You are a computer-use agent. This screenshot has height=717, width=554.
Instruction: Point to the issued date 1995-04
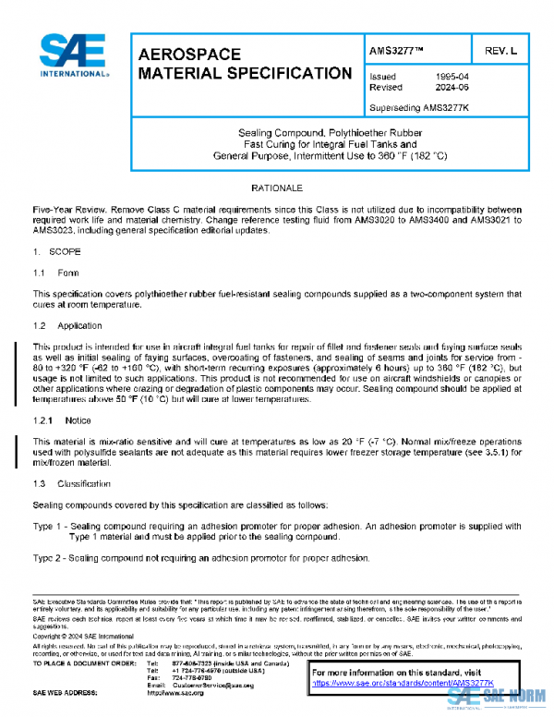click(x=452, y=77)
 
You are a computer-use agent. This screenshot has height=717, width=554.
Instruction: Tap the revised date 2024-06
click(x=452, y=88)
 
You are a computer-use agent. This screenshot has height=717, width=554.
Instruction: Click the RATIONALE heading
click(x=277, y=188)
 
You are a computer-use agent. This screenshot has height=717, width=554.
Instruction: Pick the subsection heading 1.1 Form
click(x=52, y=273)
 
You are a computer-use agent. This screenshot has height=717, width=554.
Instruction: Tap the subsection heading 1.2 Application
click(x=63, y=326)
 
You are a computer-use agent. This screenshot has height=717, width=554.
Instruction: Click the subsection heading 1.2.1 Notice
click(x=62, y=420)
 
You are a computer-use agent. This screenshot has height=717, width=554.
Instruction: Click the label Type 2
click(x=47, y=558)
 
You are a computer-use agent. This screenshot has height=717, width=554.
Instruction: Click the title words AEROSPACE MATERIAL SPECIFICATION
click(x=244, y=64)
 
